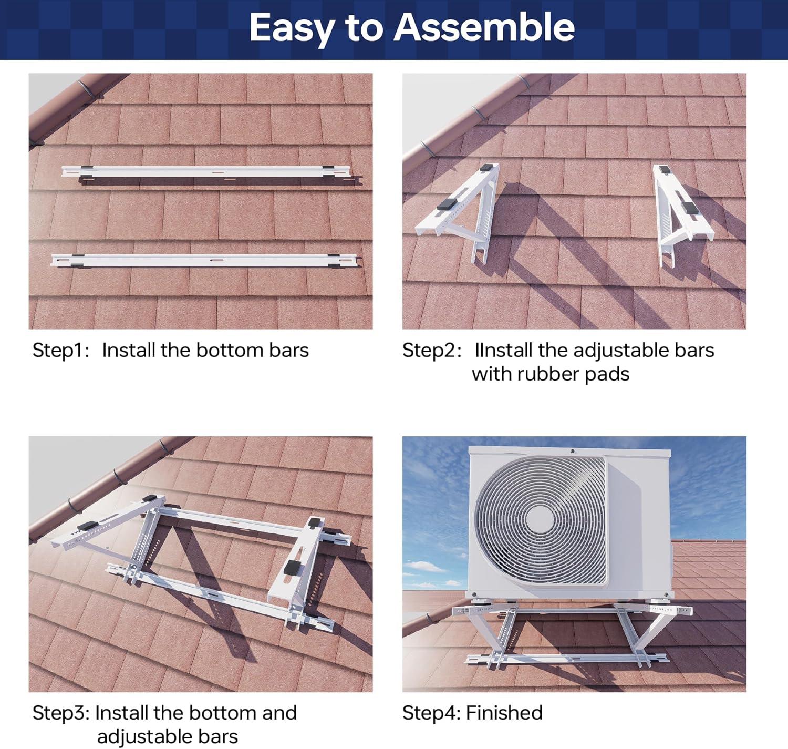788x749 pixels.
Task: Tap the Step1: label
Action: coord(61,351)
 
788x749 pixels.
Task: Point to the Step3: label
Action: coord(61,713)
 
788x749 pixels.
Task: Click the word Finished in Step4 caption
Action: coord(504,713)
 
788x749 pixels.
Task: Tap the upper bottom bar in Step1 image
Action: coord(210,171)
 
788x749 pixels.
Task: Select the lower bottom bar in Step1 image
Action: coord(205,260)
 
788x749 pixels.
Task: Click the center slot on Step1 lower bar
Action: coord(216,260)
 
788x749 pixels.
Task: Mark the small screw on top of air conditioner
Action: coord(573,451)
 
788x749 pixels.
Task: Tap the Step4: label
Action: coord(431,713)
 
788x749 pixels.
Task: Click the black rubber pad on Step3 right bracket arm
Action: coord(290,567)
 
